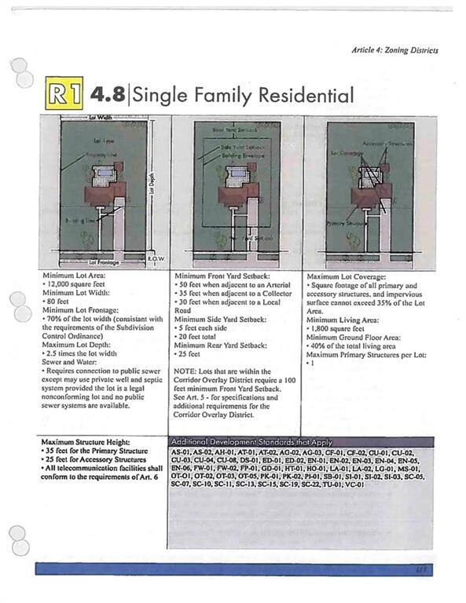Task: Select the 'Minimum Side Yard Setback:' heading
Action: tap(220, 320)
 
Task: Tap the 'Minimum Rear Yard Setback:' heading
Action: tap(221, 345)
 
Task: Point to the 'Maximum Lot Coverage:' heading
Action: tap(346, 277)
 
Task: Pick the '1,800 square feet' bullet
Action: tap(341, 328)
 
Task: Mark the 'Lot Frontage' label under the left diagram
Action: tap(104, 262)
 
